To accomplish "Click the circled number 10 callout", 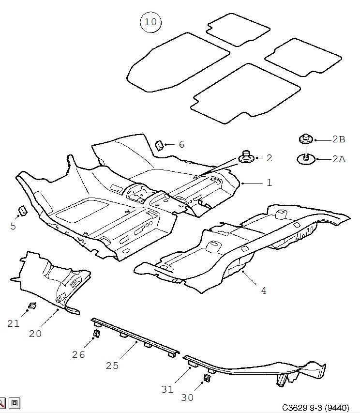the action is click(x=150, y=22).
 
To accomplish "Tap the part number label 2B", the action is click(x=339, y=139).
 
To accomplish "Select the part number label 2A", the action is click(x=339, y=159).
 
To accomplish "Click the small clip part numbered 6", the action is click(x=160, y=145).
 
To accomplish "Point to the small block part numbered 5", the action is click(x=22, y=211).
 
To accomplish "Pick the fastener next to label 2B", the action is click(x=306, y=138).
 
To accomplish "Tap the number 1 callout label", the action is click(x=269, y=183).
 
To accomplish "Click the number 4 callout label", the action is click(x=263, y=291).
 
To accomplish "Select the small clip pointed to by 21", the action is click(x=32, y=306).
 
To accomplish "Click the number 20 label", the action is click(x=35, y=334).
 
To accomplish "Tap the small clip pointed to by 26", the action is click(x=97, y=333).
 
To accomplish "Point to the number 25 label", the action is click(x=112, y=366).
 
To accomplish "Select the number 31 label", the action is click(x=167, y=389).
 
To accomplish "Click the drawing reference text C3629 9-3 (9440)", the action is click(x=315, y=408).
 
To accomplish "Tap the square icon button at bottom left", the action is click(x=15, y=403).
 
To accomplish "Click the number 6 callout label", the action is click(x=181, y=144).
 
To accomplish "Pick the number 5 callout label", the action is click(x=13, y=226).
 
